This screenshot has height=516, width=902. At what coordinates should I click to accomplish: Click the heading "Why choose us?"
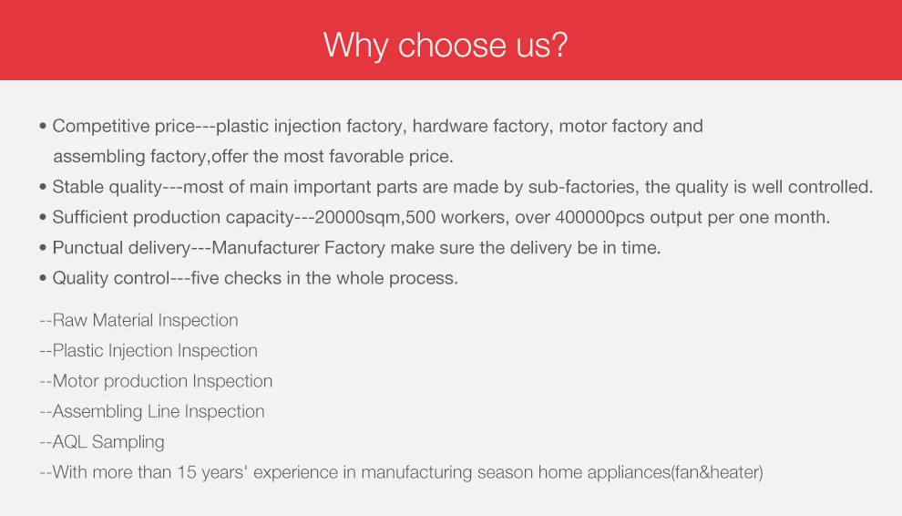click(446, 45)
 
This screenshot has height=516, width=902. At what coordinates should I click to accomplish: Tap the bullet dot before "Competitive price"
click(43, 127)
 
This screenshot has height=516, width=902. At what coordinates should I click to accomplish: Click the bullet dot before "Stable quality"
click(43, 188)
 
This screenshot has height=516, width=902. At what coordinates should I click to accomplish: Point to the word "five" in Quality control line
click(207, 278)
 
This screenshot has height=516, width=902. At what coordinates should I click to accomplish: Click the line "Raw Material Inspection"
click(139, 320)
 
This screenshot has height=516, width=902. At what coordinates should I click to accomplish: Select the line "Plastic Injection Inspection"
click(149, 350)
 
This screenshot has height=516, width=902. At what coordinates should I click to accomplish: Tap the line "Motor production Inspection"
click(156, 381)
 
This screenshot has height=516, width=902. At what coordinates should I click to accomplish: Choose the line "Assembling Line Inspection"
click(152, 411)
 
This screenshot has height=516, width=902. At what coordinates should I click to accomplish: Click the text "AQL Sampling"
click(102, 442)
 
